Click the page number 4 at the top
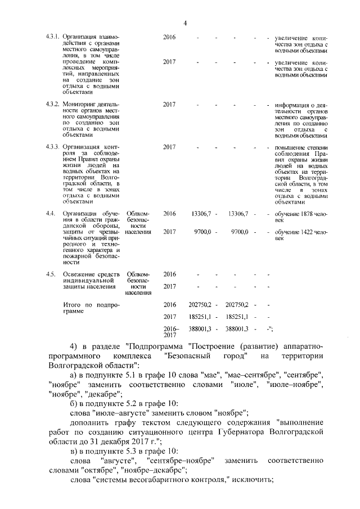[184, 23]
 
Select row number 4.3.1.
[52, 38]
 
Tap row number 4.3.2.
[52, 105]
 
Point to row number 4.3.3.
[52, 147]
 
